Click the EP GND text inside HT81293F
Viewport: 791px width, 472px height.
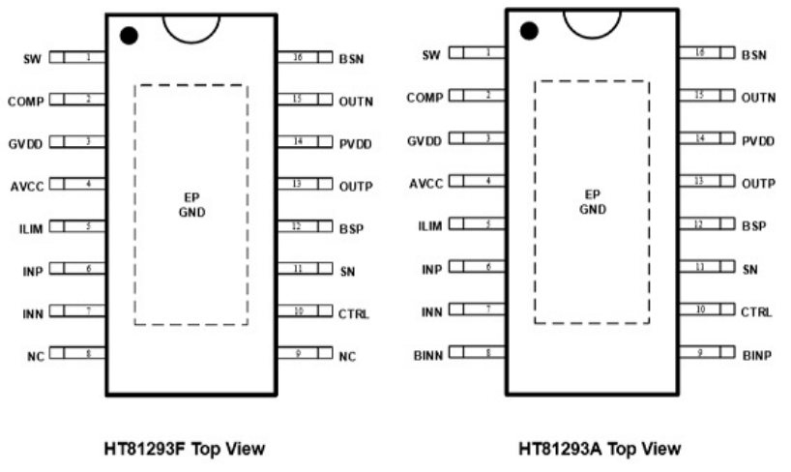tap(190, 204)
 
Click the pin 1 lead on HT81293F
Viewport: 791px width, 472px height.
tap(77, 58)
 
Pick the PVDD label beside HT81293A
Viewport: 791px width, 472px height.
tap(759, 140)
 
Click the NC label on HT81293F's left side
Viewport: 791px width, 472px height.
tap(36, 357)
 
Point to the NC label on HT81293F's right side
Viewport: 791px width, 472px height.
tap(347, 357)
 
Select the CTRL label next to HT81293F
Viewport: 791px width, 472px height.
tap(354, 313)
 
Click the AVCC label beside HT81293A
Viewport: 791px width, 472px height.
tap(425, 183)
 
